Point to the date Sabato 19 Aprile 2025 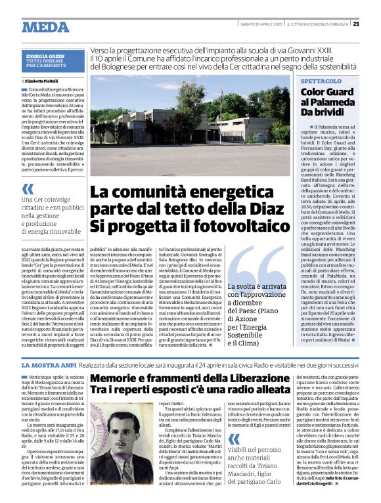pyautogui.click(x=259, y=24)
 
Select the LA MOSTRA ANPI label pyautogui.click(x=50, y=364)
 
